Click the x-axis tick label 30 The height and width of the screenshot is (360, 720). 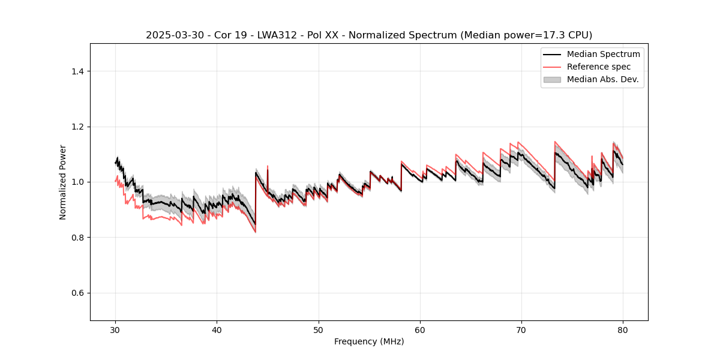tap(115, 329)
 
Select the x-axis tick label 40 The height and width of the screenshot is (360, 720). tap(217, 329)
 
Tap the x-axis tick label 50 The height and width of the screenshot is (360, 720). tap(318, 329)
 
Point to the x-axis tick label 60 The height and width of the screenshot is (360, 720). tap(420, 329)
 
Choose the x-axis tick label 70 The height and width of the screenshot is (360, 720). tap(521, 329)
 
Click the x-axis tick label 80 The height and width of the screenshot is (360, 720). tap(623, 329)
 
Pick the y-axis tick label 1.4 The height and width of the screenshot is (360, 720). tap(77, 71)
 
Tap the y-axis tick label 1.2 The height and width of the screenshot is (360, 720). tap(77, 127)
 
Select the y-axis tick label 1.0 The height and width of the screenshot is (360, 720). tap(77, 182)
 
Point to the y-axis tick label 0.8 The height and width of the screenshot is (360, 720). tap(77, 238)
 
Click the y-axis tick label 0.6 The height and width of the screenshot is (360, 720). tap(77, 293)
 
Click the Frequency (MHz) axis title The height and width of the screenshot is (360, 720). tap(369, 341)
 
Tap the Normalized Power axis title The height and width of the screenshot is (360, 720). tap(63, 182)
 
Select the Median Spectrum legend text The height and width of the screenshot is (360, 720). tap(604, 54)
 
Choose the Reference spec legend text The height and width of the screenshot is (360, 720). tap(599, 67)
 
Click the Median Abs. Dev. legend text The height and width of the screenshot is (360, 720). tap(603, 79)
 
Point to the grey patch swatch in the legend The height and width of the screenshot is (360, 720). tap(552, 79)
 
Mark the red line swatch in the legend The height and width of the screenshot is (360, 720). tap(552, 67)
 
